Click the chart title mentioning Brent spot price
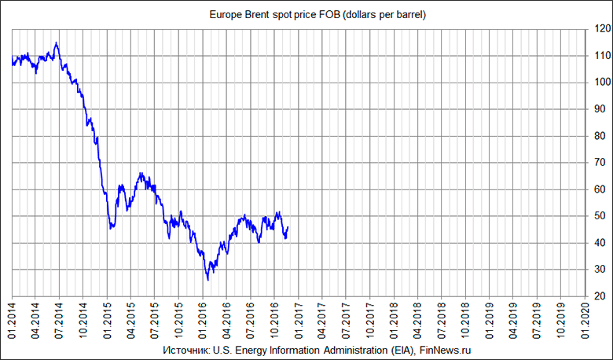pyautogui.click(x=317, y=15)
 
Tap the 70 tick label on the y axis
pyautogui.click(x=600, y=163)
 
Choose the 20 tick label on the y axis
pyautogui.click(x=600, y=296)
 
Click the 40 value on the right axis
pyautogui.click(x=600, y=243)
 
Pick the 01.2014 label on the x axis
pyautogui.click(x=13, y=319)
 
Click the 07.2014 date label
pyautogui.click(x=60, y=319)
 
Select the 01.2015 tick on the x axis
pyautogui.click(x=108, y=319)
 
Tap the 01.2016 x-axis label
pyautogui.click(x=203, y=319)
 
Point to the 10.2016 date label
pyautogui.click(x=274, y=319)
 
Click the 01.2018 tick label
pyautogui.click(x=393, y=319)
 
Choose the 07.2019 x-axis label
pyautogui.click(x=536, y=319)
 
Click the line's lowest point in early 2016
pyautogui.click(x=207, y=280)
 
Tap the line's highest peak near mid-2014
pyautogui.click(x=56, y=42)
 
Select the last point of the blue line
pyautogui.click(x=288, y=227)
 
